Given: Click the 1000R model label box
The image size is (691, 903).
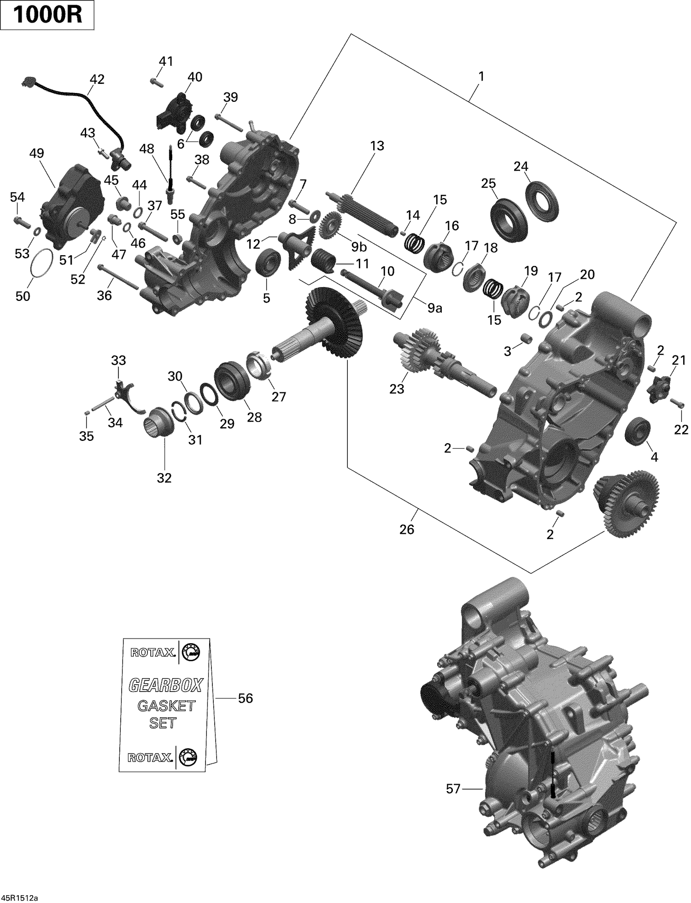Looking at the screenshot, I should pos(47,15).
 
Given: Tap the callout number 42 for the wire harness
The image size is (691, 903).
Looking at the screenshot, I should pos(97,79).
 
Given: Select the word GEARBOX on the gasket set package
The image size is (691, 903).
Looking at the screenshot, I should pos(165,686).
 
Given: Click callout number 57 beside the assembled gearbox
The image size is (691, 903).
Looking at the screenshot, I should pos(453,789).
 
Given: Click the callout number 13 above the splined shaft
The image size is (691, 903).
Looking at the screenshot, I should pos(376,146).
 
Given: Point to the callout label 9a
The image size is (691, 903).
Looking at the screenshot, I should pos(434,308).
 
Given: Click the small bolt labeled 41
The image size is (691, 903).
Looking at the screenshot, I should pos(155,82).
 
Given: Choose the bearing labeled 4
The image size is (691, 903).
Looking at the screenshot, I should pos(638,432).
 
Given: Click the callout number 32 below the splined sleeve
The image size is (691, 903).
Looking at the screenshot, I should pos(164,478).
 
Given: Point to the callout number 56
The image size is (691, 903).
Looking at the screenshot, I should pos(245,698).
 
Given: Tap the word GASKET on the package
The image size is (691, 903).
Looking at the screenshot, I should pos(166,706).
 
